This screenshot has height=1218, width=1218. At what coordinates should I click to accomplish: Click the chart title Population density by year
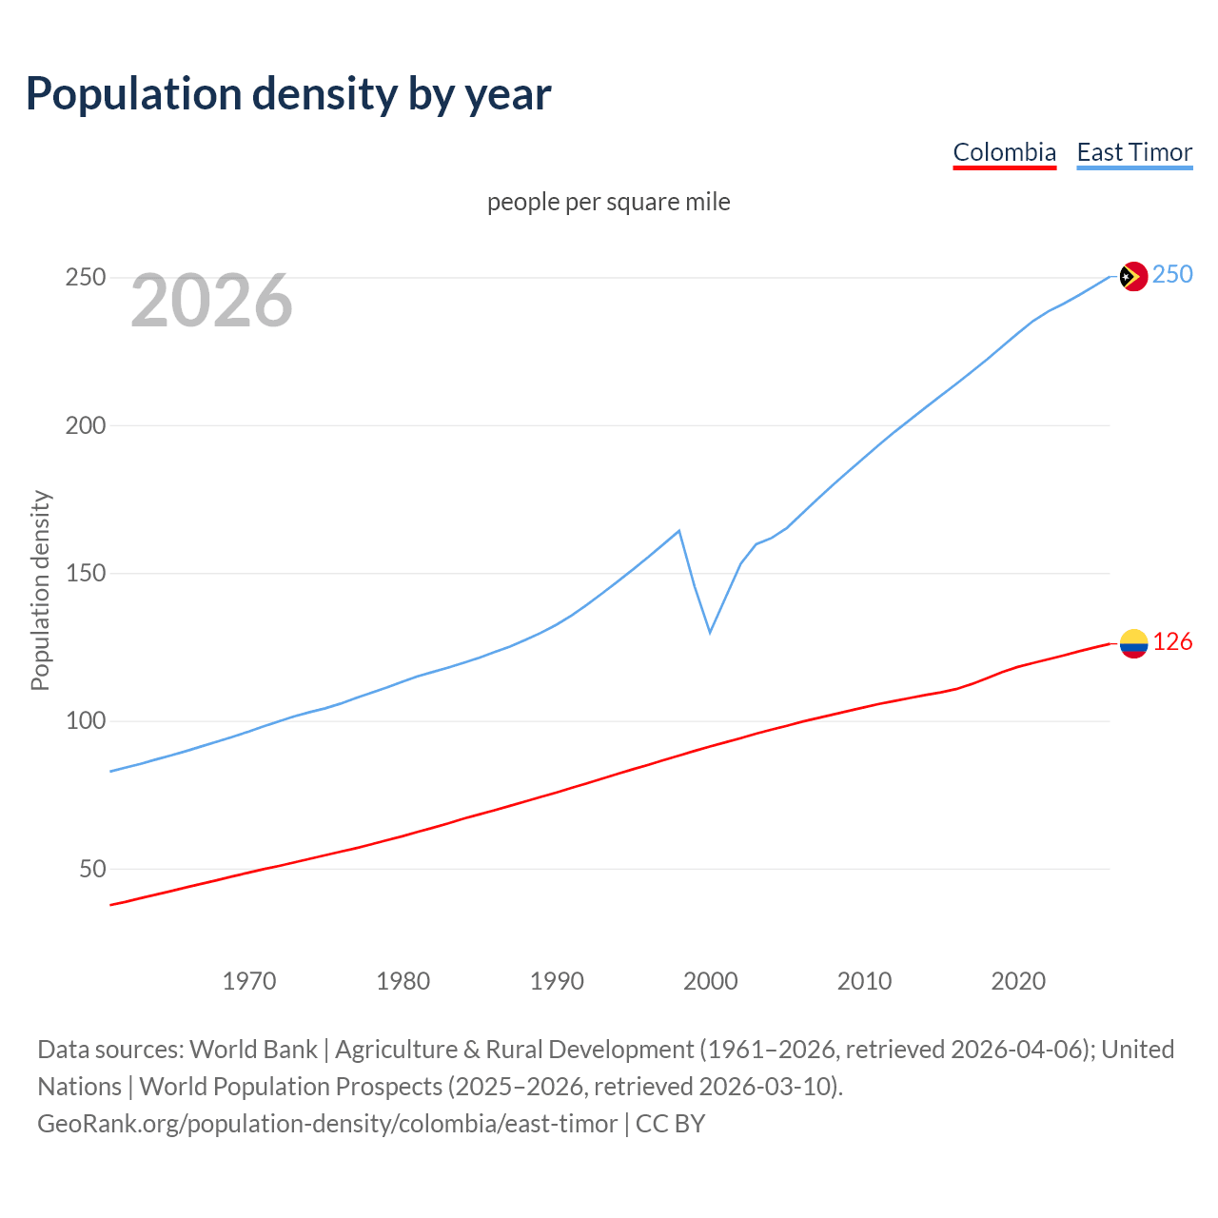click(288, 94)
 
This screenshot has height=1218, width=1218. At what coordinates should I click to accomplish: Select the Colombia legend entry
click(1004, 152)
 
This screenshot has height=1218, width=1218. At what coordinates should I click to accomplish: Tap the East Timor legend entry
click(1134, 152)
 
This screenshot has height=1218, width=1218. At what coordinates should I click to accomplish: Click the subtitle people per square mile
click(608, 202)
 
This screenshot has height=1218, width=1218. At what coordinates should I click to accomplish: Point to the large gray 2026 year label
click(211, 301)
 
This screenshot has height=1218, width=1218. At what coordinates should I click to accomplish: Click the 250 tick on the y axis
click(85, 278)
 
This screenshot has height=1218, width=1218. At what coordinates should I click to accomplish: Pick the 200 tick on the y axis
click(85, 425)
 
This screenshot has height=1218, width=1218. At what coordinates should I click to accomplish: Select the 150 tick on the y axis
click(85, 574)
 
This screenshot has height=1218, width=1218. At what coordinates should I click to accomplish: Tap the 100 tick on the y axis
click(85, 721)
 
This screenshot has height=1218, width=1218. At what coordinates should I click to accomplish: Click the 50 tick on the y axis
click(92, 869)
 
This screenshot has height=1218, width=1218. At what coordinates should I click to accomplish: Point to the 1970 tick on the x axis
click(249, 981)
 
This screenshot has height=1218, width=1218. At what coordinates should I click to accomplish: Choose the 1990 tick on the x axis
click(557, 981)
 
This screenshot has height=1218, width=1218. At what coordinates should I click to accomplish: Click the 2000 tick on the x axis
click(711, 981)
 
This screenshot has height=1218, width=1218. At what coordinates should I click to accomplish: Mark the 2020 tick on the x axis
click(1018, 981)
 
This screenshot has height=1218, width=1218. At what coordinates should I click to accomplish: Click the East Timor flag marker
click(1133, 276)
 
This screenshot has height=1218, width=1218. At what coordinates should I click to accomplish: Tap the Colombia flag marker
click(1133, 644)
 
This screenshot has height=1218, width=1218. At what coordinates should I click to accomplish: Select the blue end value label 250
click(1172, 275)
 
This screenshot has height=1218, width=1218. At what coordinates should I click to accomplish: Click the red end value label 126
click(1172, 642)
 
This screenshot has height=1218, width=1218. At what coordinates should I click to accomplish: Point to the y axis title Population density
click(40, 590)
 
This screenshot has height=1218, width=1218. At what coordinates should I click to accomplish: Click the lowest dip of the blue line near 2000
click(710, 632)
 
